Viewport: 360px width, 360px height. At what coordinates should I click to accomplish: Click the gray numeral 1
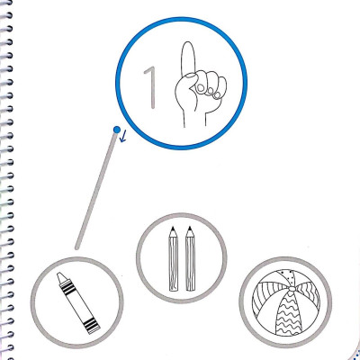point(151,87)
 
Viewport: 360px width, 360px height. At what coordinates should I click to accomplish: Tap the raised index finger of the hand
point(188,58)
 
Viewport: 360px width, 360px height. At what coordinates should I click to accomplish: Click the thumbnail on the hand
point(190,76)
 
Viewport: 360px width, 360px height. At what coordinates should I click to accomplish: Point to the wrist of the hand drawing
point(194,119)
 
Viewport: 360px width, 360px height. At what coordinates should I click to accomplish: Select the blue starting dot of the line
point(117,130)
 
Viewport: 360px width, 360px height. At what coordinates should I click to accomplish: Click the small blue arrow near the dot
point(123,137)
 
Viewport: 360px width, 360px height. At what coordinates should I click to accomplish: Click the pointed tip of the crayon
point(60,275)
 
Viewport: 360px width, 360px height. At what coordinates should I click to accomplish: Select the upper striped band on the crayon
point(68,287)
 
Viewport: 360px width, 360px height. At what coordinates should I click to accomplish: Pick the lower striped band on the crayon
point(91,326)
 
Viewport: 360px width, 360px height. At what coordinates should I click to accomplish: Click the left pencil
point(174,258)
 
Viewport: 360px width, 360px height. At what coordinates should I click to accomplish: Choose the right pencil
point(190,258)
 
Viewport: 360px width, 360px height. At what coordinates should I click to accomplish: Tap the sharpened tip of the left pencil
point(173,228)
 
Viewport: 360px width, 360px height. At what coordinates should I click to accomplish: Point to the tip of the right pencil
point(190,228)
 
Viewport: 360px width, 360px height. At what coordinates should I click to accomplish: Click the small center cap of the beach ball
point(292,289)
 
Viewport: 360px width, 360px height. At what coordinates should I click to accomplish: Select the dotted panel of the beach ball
point(287,277)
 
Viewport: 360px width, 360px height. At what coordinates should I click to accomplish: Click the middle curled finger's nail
point(211,90)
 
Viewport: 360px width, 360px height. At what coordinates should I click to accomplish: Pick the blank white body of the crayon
point(78,305)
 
